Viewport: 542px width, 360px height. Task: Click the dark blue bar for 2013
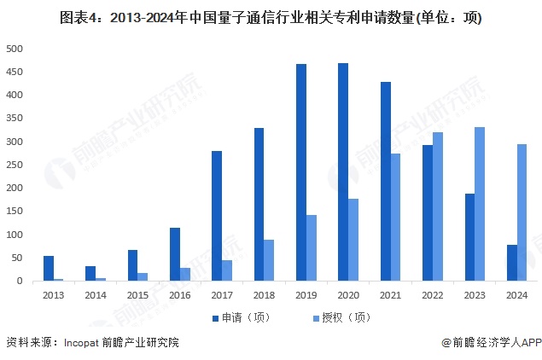[49, 269]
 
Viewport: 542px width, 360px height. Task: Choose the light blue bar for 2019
[312, 248]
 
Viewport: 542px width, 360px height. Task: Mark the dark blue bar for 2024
[511, 264]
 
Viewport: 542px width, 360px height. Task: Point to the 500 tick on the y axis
[15, 49]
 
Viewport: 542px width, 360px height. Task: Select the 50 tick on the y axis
[17, 258]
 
